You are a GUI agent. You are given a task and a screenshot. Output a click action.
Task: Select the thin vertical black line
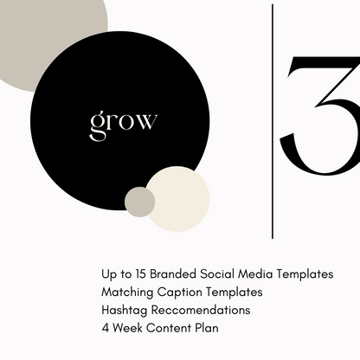[x=273, y=121]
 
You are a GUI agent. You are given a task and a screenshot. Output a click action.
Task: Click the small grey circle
[x=139, y=202]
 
